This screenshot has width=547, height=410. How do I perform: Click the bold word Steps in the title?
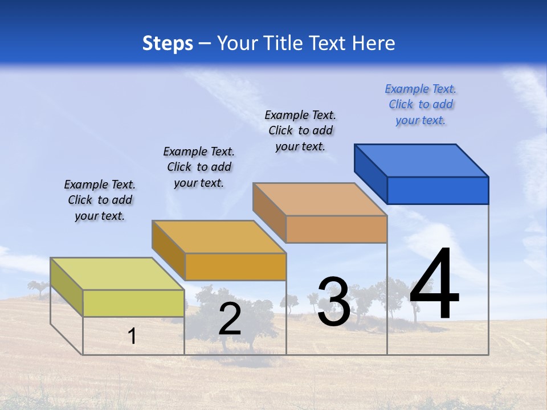(168, 43)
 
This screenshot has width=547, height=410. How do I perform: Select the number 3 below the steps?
(333, 302)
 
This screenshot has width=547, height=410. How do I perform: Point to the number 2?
(230, 319)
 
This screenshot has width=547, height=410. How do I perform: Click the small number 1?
(132, 337)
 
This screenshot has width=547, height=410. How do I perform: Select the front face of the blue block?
(438, 190)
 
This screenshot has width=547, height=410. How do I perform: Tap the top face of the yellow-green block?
(117, 274)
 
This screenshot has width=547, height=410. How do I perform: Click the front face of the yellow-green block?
(133, 303)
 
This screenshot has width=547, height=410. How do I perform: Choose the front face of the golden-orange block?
(235, 266)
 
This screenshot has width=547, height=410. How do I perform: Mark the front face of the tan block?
(336, 229)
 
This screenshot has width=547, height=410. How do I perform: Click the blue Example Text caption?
(421, 104)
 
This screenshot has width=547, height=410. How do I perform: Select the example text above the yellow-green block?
(100, 200)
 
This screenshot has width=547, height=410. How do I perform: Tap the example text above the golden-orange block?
(199, 167)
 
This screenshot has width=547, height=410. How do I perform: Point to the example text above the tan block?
(300, 130)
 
